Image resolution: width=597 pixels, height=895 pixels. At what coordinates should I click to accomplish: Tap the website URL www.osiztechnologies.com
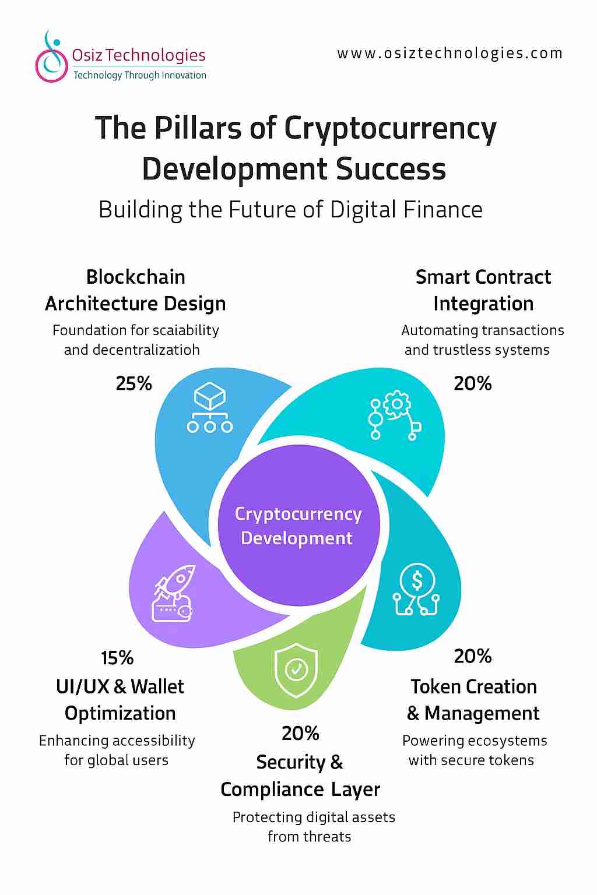(x=449, y=54)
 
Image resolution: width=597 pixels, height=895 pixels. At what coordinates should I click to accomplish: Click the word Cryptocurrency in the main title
(x=390, y=128)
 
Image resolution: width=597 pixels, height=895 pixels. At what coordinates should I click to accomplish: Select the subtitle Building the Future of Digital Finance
(x=290, y=210)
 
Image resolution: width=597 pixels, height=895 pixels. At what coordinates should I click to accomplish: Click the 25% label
(x=134, y=383)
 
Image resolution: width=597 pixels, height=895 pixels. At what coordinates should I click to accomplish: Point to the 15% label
(x=117, y=658)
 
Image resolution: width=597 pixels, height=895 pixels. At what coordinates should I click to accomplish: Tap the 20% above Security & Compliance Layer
(x=300, y=733)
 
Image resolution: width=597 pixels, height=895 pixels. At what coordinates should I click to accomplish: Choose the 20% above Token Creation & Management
(x=473, y=656)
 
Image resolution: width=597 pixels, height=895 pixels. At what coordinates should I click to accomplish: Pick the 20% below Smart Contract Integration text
(x=473, y=383)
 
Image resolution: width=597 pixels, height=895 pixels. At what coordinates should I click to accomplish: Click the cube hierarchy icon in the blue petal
(x=210, y=410)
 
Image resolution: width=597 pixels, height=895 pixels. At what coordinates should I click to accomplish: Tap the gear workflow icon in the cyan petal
(x=394, y=417)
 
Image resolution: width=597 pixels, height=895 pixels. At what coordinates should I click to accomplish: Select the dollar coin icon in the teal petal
(x=416, y=590)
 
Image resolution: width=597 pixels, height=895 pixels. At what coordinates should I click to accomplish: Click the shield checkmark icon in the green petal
(x=296, y=670)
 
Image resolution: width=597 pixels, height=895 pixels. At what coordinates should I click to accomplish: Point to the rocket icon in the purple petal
(x=173, y=594)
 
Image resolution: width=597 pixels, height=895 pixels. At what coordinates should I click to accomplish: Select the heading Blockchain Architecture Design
(x=135, y=290)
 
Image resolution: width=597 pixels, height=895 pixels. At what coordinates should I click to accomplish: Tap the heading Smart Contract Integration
(x=483, y=290)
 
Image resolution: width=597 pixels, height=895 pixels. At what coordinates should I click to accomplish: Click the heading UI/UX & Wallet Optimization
(x=120, y=700)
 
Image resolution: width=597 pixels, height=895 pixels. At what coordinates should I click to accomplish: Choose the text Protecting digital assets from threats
(x=313, y=826)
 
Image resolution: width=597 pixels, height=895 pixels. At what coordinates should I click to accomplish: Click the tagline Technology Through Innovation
(x=139, y=75)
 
